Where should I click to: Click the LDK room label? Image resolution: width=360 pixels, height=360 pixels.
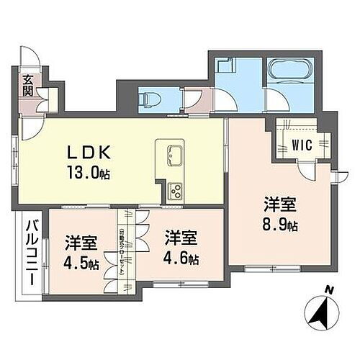[x=89, y=153]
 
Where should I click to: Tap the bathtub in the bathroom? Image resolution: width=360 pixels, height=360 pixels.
[x=287, y=72]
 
